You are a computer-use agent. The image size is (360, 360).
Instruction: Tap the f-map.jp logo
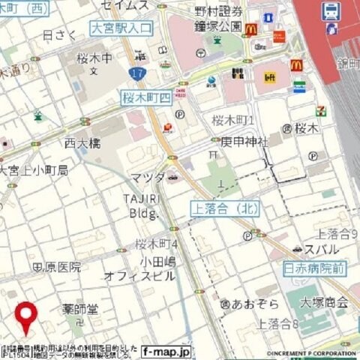[166, 350]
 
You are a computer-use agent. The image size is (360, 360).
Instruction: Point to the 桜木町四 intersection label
[146, 97]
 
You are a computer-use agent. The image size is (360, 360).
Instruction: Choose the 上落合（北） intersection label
[224, 208]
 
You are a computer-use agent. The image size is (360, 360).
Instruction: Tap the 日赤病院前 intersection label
[314, 266]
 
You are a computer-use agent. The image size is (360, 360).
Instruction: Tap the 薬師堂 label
[81, 308]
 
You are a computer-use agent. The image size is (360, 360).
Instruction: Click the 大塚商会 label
[323, 302]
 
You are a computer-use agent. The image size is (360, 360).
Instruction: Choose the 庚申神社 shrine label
[244, 141]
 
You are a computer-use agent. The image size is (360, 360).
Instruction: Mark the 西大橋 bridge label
[82, 142]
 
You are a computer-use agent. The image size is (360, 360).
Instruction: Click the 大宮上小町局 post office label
[34, 170]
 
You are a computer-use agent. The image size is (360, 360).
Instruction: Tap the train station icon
[330, 10]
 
